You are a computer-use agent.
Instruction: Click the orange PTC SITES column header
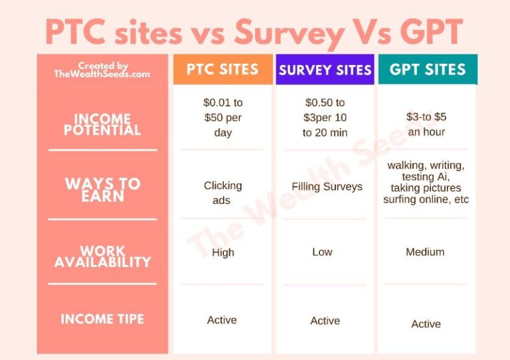(223, 70)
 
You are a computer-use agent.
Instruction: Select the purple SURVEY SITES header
(325, 70)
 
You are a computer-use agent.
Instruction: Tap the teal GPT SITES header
(428, 70)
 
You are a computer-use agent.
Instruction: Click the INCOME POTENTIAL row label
(102, 124)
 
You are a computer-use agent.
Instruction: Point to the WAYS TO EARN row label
(102, 189)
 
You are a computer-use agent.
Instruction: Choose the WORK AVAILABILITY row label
(102, 256)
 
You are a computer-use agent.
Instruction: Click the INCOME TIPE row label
(102, 319)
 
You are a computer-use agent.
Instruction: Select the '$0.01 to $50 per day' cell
(223, 118)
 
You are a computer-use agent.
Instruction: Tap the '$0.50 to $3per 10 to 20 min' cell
(325, 118)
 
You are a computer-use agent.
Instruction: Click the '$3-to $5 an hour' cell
(426, 124)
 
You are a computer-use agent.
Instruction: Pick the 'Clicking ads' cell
(223, 193)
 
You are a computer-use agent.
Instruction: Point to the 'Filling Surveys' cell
(327, 187)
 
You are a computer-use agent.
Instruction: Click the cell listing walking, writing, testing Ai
(426, 182)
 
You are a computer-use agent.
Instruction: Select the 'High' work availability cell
(223, 252)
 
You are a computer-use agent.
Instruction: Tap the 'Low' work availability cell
(322, 252)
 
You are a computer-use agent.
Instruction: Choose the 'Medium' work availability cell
(425, 252)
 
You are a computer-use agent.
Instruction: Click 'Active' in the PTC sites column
(222, 320)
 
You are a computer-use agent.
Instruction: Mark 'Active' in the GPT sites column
(426, 324)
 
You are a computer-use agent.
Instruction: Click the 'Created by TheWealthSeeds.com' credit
(102, 70)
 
